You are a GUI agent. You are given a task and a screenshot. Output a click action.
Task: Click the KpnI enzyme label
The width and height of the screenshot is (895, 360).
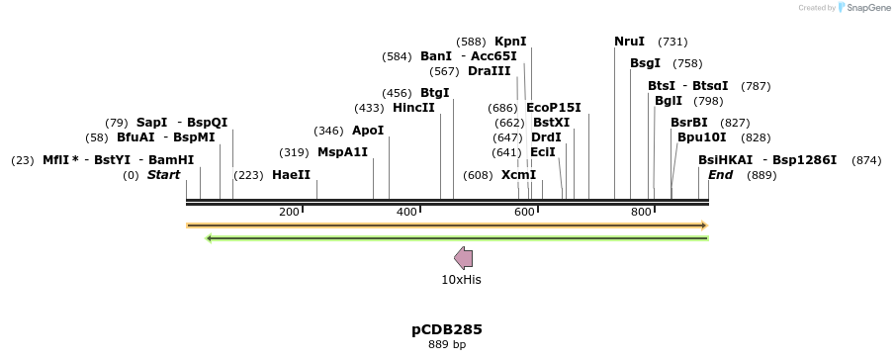(510, 42)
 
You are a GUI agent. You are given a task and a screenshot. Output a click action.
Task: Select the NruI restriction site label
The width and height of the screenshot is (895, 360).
(629, 42)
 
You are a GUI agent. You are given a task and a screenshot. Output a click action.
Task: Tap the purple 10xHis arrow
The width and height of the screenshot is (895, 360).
(463, 259)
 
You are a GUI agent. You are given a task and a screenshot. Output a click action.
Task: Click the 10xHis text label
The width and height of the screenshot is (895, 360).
(461, 280)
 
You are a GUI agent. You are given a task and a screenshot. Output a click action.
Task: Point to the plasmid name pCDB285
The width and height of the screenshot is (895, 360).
(447, 329)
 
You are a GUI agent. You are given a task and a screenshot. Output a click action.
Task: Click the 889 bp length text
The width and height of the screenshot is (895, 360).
(447, 345)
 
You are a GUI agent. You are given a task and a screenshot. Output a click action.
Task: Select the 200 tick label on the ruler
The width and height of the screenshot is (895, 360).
(290, 213)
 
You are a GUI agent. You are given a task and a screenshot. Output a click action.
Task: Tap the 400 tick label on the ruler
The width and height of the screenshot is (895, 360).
(407, 213)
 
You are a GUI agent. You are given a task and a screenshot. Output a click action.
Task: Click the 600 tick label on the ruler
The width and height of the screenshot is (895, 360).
(524, 213)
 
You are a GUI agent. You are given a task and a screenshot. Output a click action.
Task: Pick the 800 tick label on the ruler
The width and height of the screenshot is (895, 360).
(641, 213)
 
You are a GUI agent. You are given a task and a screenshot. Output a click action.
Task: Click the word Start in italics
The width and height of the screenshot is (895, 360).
(163, 175)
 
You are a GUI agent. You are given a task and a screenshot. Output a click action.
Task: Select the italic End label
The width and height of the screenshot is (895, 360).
(721, 175)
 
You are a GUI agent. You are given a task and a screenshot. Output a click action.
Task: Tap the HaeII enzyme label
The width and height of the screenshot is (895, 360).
(291, 175)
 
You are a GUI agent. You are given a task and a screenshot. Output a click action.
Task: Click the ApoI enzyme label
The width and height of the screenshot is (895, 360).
(368, 131)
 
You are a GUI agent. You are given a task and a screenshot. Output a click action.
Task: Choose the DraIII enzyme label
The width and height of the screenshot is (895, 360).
(490, 71)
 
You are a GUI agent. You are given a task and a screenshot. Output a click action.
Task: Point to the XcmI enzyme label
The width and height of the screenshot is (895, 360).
(518, 175)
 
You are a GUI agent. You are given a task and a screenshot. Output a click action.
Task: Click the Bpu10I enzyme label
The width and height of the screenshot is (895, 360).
(702, 137)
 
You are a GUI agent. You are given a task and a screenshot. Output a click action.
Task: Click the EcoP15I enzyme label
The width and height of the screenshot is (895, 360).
(553, 108)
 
